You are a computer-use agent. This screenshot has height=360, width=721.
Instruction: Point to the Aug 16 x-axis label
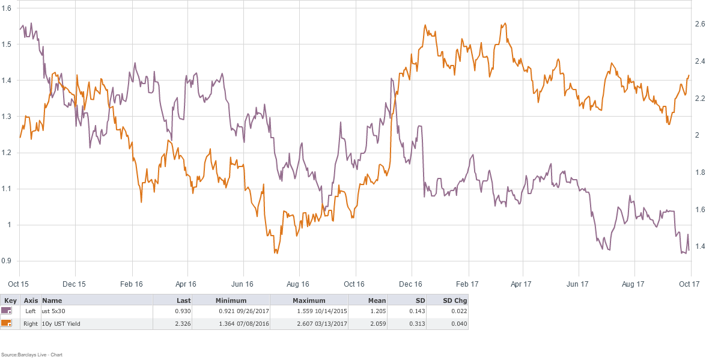click(x=297, y=282)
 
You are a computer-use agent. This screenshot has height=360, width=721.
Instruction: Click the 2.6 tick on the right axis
click(x=700, y=24)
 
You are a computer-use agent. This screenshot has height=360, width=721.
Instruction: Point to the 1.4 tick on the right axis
click(x=700, y=246)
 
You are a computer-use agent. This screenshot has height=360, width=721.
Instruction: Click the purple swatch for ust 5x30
click(x=7, y=311)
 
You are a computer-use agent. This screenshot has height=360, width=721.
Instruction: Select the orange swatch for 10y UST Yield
click(x=7, y=323)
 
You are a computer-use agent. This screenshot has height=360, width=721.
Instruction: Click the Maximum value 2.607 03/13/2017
click(x=308, y=323)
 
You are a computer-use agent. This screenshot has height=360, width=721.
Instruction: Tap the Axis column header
click(x=30, y=300)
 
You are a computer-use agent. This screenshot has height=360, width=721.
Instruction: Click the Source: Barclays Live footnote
click(x=32, y=355)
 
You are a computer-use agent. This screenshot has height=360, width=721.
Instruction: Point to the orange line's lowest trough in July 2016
click(x=276, y=253)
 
